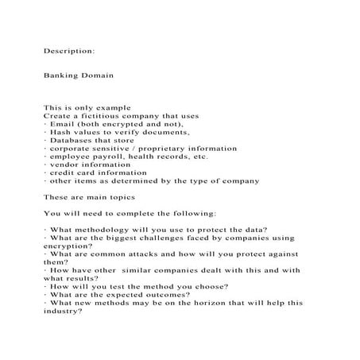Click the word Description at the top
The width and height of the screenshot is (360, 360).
pos(69,49)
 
